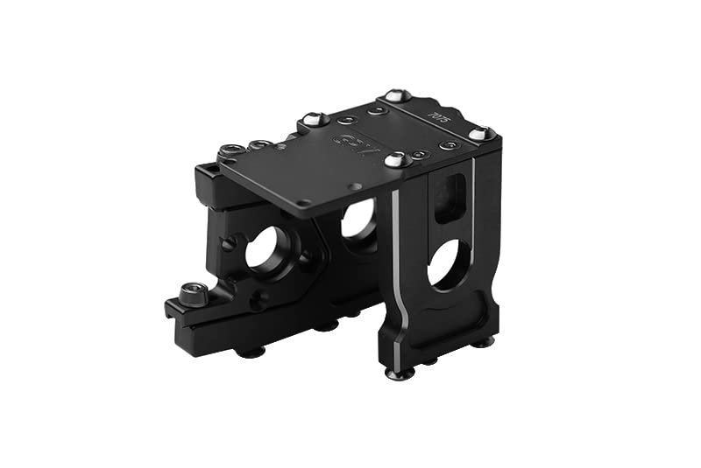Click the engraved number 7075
click(x=435, y=114)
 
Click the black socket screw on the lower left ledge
click(x=193, y=293)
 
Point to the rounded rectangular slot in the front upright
click(x=451, y=197)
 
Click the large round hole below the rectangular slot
click(x=450, y=264)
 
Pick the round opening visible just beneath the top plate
click(x=359, y=219)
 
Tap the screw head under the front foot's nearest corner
click(x=400, y=374)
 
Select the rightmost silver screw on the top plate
click(x=479, y=133)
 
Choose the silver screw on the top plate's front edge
click(x=397, y=159)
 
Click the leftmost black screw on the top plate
click(x=232, y=150)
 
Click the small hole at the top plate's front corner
click(x=304, y=203)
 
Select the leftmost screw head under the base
click(x=252, y=352)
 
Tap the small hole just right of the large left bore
click(x=307, y=258)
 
